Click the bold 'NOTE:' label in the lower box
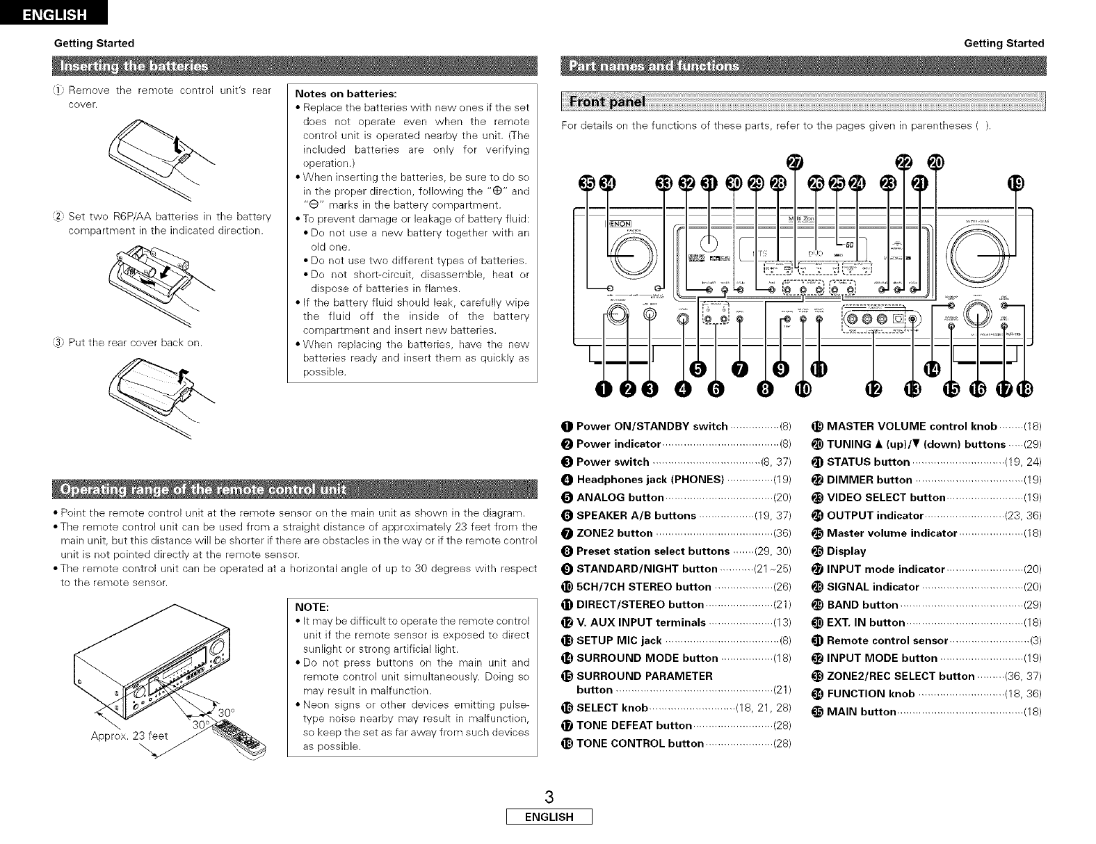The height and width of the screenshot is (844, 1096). click(312, 606)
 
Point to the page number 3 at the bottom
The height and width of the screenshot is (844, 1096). click(549, 796)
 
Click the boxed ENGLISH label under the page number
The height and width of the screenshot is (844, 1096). click(549, 817)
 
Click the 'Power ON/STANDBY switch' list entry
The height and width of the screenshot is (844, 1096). click(652, 426)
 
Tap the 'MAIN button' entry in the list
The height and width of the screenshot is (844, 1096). click(860, 712)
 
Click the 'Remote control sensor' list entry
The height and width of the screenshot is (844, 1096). click(887, 640)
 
